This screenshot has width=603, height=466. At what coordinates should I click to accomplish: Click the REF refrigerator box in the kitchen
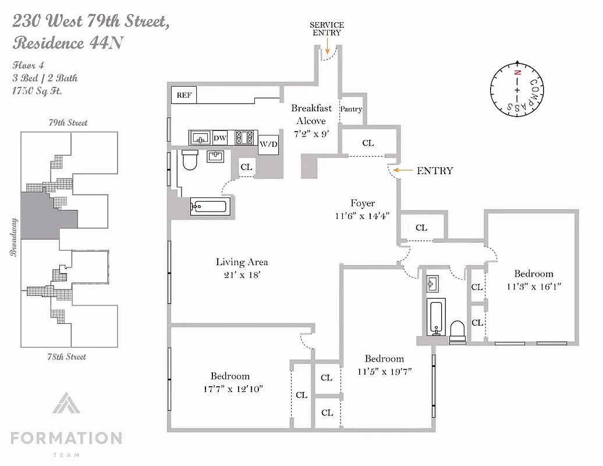(184, 95)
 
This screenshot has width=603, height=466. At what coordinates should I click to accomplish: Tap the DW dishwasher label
(220, 138)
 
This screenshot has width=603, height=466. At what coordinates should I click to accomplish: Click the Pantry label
(351, 109)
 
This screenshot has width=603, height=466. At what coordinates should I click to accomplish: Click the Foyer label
(362, 203)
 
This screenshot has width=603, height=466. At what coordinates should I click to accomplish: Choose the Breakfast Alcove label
(311, 114)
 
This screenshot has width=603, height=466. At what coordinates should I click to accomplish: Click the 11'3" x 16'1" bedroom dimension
(533, 286)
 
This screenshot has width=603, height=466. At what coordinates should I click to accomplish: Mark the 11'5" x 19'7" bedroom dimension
(384, 371)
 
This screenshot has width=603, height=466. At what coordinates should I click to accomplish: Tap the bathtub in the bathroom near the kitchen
(210, 206)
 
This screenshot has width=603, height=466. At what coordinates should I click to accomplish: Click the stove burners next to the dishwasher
(244, 137)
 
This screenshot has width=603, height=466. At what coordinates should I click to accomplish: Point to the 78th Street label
(68, 356)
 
